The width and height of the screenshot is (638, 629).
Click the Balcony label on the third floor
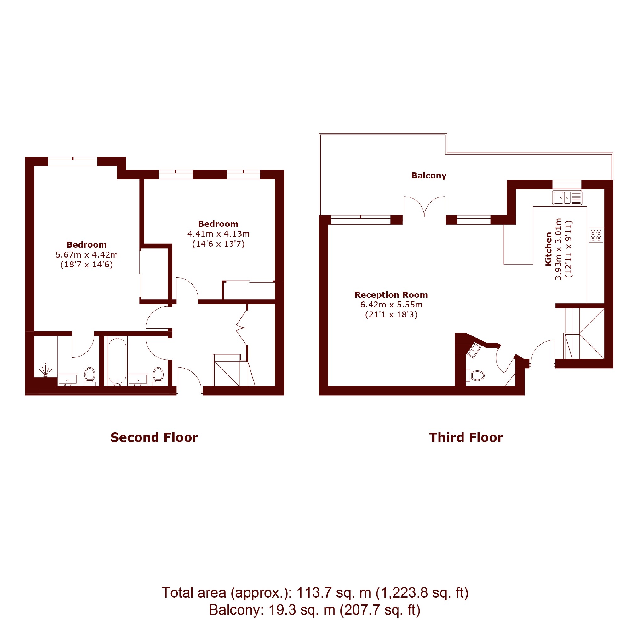428,176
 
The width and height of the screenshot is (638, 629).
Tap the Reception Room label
391,295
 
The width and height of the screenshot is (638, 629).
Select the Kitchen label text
549,249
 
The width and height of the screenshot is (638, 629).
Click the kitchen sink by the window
567,197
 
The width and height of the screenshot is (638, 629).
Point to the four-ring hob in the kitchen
596,235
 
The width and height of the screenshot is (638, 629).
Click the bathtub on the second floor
117,361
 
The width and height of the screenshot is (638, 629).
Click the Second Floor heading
154,437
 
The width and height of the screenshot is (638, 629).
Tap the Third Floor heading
466,437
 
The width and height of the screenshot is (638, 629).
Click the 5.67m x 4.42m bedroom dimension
87,254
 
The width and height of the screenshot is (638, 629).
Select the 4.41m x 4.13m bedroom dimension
218,234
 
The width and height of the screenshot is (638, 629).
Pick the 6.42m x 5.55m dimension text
391,305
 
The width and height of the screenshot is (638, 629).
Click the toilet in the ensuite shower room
90,376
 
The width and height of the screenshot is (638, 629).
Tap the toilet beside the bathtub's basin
158,376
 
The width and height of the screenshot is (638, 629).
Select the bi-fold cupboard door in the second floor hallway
242,328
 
